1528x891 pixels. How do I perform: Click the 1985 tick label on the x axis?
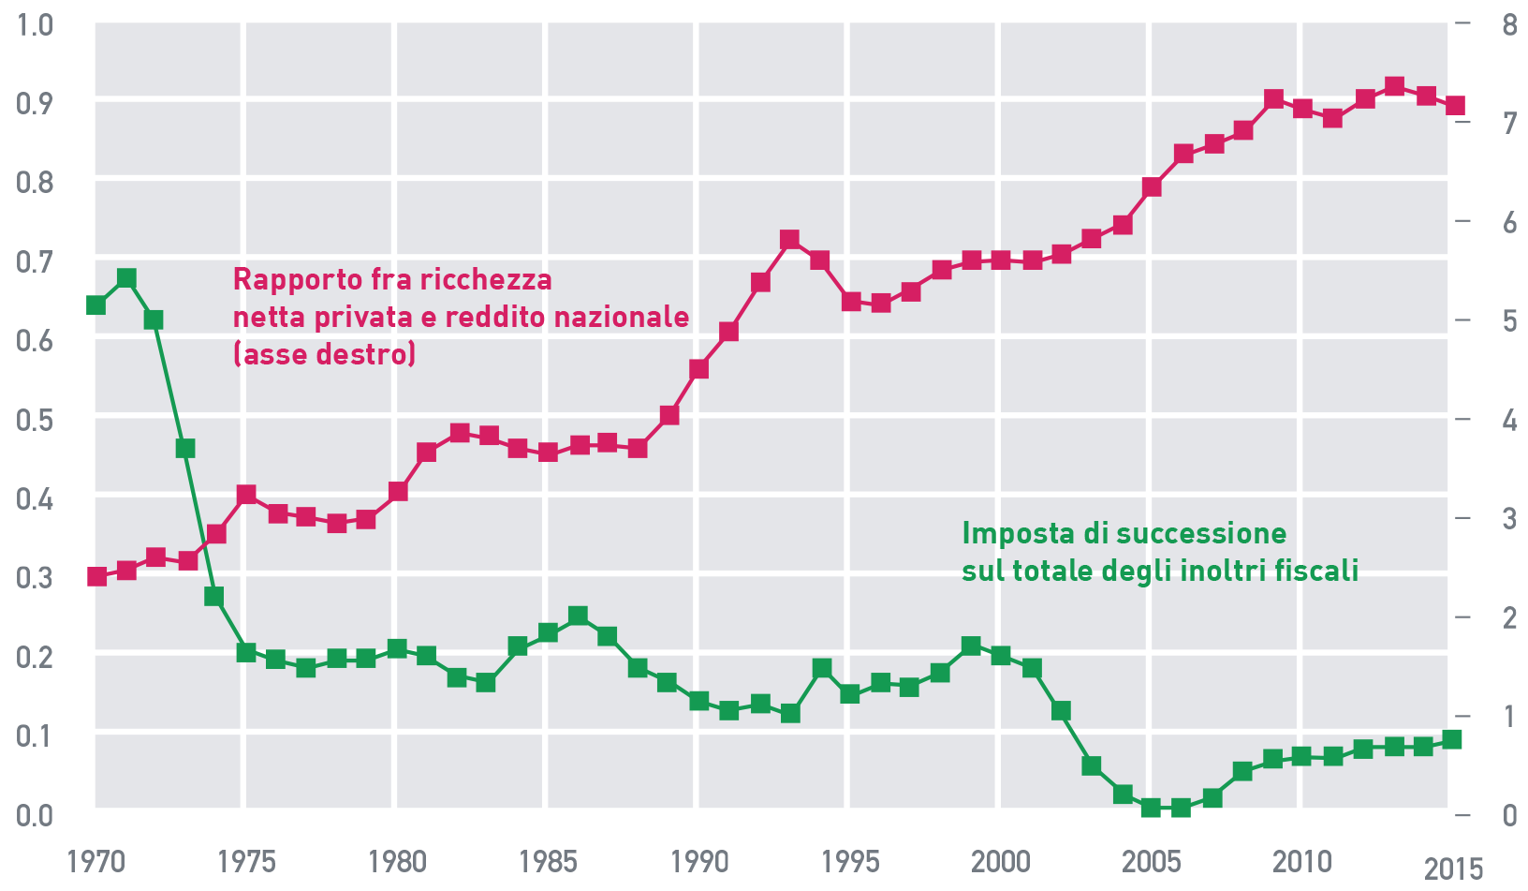click(548, 861)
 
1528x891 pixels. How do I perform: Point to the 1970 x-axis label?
click(95, 861)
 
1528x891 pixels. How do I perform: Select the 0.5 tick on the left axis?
click(36, 419)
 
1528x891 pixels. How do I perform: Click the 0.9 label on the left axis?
click(36, 102)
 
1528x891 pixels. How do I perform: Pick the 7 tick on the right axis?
click(1508, 123)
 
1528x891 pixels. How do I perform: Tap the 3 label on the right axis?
click(1508, 518)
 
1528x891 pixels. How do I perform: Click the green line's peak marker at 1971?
click(126, 278)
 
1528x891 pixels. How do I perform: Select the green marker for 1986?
click(578, 616)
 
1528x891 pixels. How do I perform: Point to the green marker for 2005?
click(1151, 808)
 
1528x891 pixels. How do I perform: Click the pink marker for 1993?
click(789, 240)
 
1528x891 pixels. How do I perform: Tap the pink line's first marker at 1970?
click(96, 576)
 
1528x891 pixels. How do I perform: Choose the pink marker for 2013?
click(1393, 87)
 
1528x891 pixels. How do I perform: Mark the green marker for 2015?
click(1452, 739)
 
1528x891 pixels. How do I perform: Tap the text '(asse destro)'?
click(324, 354)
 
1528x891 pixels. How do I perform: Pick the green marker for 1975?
click(246, 652)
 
